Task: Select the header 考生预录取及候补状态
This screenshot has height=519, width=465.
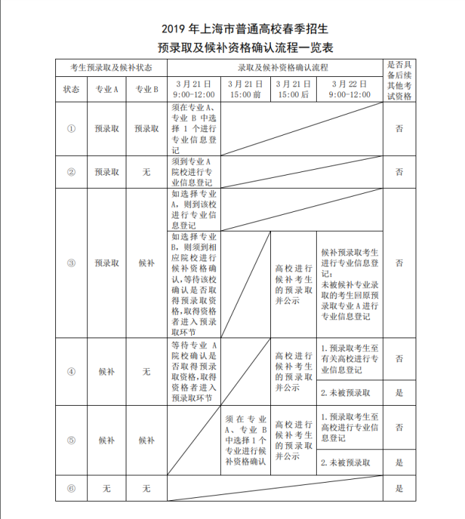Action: (x=111, y=68)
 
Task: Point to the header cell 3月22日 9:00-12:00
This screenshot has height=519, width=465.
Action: (x=349, y=89)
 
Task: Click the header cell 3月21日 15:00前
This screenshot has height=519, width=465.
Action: (x=246, y=89)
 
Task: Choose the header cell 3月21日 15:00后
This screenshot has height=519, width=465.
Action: (x=294, y=89)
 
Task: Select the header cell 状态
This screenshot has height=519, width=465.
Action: (x=71, y=89)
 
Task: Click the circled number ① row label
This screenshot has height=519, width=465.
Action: (x=71, y=128)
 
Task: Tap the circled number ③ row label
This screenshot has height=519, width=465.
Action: (x=71, y=263)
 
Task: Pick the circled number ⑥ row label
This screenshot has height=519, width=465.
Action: (x=71, y=489)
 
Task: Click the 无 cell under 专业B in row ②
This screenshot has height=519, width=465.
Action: (x=146, y=173)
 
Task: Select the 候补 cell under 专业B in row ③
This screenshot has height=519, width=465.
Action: (x=146, y=263)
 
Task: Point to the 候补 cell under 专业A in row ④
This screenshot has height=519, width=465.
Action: (x=106, y=371)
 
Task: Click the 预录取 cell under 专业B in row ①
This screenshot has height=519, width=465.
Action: (x=146, y=128)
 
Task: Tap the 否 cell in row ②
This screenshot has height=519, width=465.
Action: (x=399, y=173)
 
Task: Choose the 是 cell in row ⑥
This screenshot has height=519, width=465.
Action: (x=399, y=489)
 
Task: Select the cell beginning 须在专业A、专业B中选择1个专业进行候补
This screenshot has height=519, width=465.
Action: (x=246, y=441)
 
